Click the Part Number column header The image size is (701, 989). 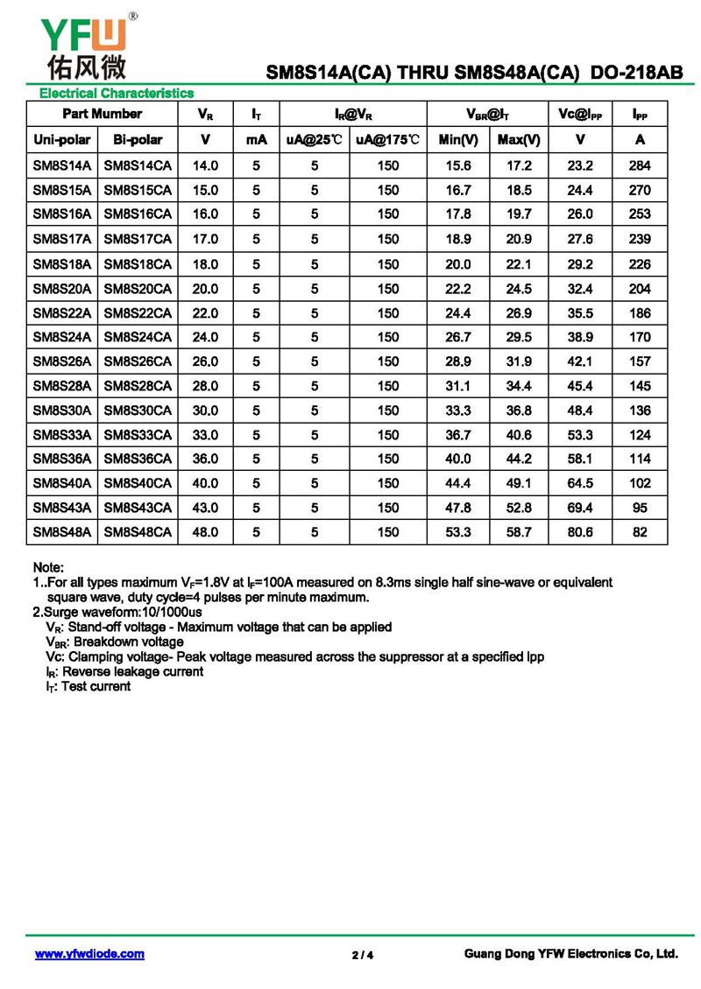102,114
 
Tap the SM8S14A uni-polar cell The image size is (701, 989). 61,165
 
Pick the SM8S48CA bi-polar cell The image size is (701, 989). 138,531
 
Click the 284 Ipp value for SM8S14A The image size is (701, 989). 640,165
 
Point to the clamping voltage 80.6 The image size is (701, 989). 580,531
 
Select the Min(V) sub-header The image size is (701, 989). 458,139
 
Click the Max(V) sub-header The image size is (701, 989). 519,139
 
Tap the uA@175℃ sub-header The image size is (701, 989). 387,139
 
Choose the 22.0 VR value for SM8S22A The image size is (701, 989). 205,312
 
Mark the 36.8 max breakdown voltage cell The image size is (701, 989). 519,410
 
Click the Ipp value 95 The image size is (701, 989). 640,508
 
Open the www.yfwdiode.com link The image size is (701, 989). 89,954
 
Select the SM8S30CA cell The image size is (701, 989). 138,410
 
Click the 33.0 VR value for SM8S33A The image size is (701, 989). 205,434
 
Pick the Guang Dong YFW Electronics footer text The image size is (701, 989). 570,954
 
